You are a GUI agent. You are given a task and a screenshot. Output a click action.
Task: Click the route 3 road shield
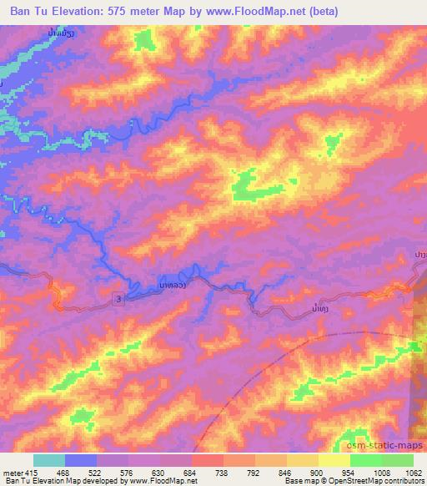119,298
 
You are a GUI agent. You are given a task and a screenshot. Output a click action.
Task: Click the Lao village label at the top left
58,34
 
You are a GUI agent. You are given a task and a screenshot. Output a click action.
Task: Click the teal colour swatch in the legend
49,459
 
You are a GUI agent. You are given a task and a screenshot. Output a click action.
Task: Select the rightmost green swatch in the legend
397,459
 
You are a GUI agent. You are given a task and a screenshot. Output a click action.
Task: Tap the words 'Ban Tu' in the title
25,9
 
